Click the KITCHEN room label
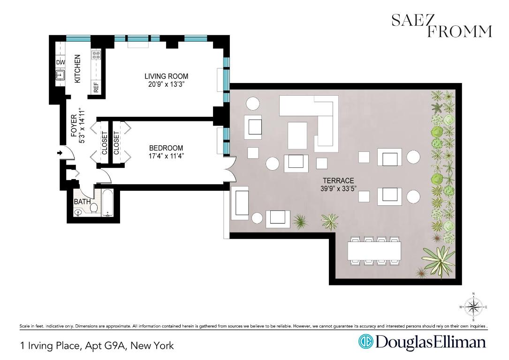click(78, 69)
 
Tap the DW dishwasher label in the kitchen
click(61, 62)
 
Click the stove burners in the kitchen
click(96, 56)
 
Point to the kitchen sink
click(60, 75)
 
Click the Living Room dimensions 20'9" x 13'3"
click(167, 85)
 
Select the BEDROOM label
click(166, 148)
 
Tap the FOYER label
click(74, 126)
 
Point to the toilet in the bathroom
click(93, 207)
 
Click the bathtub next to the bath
click(107, 203)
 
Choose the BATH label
click(82, 202)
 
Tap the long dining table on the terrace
click(374, 251)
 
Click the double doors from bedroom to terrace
click(229, 169)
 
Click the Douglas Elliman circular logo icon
click(365, 342)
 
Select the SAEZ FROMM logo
click(441, 25)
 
